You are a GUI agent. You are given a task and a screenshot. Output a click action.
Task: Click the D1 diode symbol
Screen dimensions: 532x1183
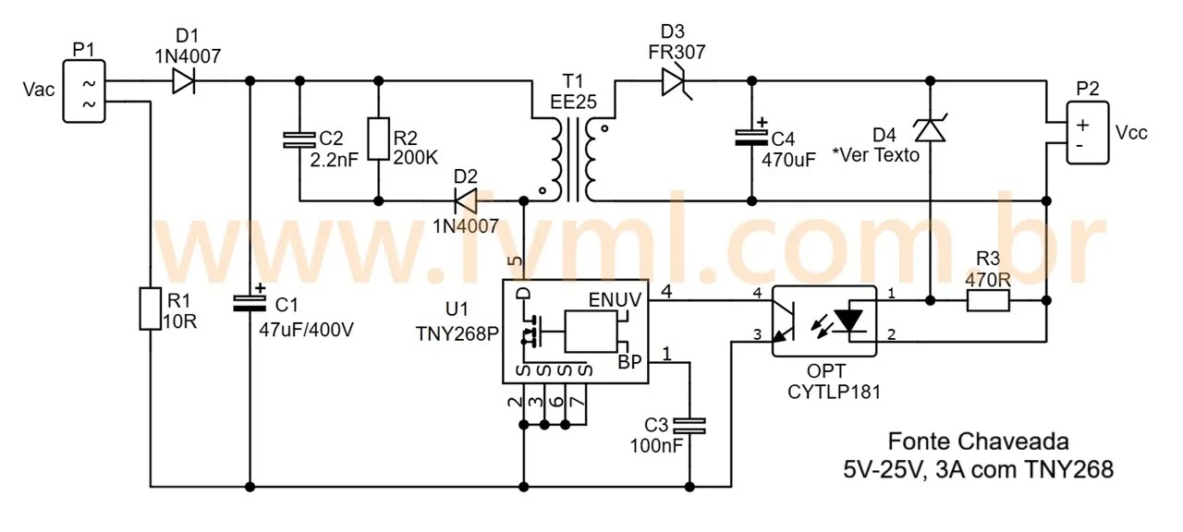point(183,82)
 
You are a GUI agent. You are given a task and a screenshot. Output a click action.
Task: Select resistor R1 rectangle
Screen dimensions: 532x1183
point(151,308)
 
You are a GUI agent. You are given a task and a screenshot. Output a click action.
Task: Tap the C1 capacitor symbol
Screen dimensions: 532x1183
point(250,301)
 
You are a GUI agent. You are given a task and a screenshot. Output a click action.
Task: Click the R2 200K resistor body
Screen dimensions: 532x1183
point(377,139)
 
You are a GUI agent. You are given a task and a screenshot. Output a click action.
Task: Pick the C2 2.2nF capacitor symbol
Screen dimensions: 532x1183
point(299,139)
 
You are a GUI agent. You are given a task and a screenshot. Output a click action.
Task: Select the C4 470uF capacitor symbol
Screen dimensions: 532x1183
point(750,138)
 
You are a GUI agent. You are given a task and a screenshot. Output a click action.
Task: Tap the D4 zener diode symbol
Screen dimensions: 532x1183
point(930,130)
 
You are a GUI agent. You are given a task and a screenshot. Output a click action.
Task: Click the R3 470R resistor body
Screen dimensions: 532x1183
point(988,300)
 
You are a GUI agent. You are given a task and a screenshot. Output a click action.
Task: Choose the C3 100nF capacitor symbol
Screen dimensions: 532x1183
point(689,426)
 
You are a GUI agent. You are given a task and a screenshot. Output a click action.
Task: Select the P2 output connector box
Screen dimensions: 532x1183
point(1088,133)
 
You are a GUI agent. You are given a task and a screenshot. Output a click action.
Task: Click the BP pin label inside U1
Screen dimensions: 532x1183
point(629,362)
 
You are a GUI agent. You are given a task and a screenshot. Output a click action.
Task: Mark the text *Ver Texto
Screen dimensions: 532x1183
point(875,155)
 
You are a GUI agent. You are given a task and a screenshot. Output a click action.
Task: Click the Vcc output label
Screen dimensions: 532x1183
point(1132,132)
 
